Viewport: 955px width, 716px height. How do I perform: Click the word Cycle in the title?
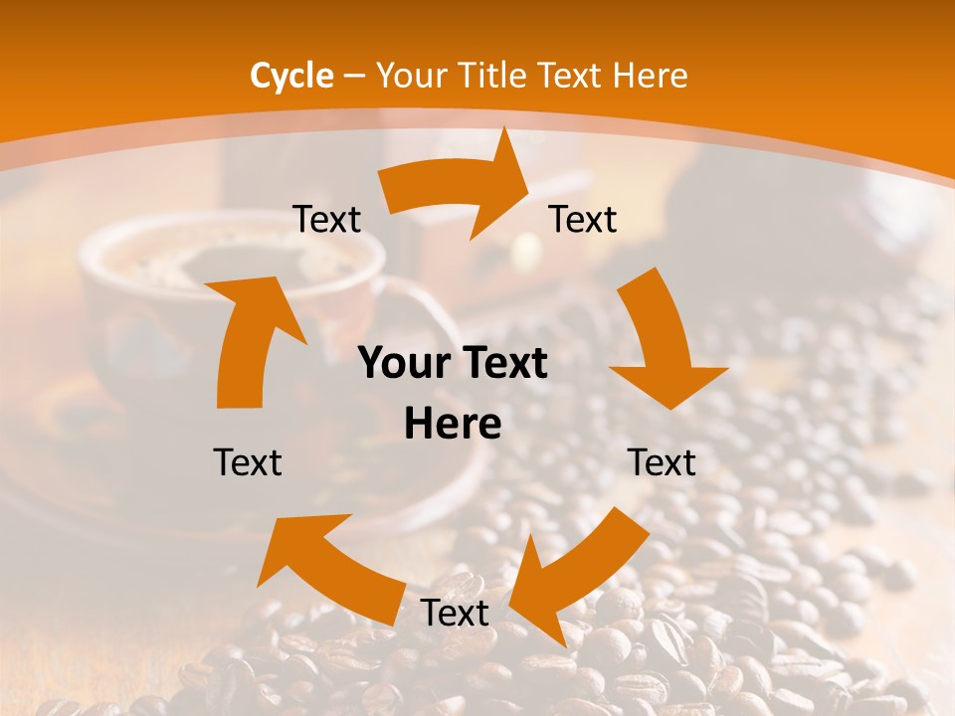291,76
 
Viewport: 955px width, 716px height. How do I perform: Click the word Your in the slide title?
412,76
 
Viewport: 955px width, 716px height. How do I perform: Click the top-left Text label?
326,220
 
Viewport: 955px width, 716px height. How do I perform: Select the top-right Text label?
583,220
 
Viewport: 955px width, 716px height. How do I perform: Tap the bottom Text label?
455,614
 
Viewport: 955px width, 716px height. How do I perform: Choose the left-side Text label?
248,462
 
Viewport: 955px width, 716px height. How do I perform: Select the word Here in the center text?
453,425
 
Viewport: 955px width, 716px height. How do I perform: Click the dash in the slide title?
353,76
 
